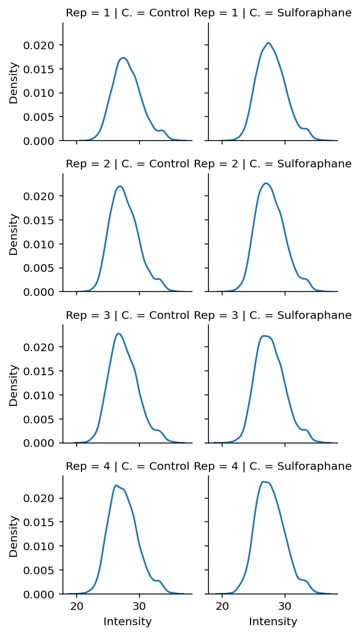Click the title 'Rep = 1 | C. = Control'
pos(127,13)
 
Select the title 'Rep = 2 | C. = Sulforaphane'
pos(272,164)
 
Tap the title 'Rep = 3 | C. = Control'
pos(127,315)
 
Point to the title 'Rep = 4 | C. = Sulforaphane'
pos(272,466)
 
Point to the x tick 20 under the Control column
pos(77,606)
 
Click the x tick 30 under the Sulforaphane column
pos(284,606)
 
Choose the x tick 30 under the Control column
pos(139,606)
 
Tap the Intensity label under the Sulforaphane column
pos(273,622)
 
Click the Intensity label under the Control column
pos(127,622)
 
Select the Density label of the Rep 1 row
pos(14,83)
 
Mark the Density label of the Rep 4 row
pos(14,535)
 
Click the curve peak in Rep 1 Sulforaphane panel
pos(268,43)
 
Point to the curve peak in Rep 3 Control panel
pos(119,333)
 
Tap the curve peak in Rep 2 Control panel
pos(120,187)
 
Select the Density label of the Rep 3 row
pos(14,385)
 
